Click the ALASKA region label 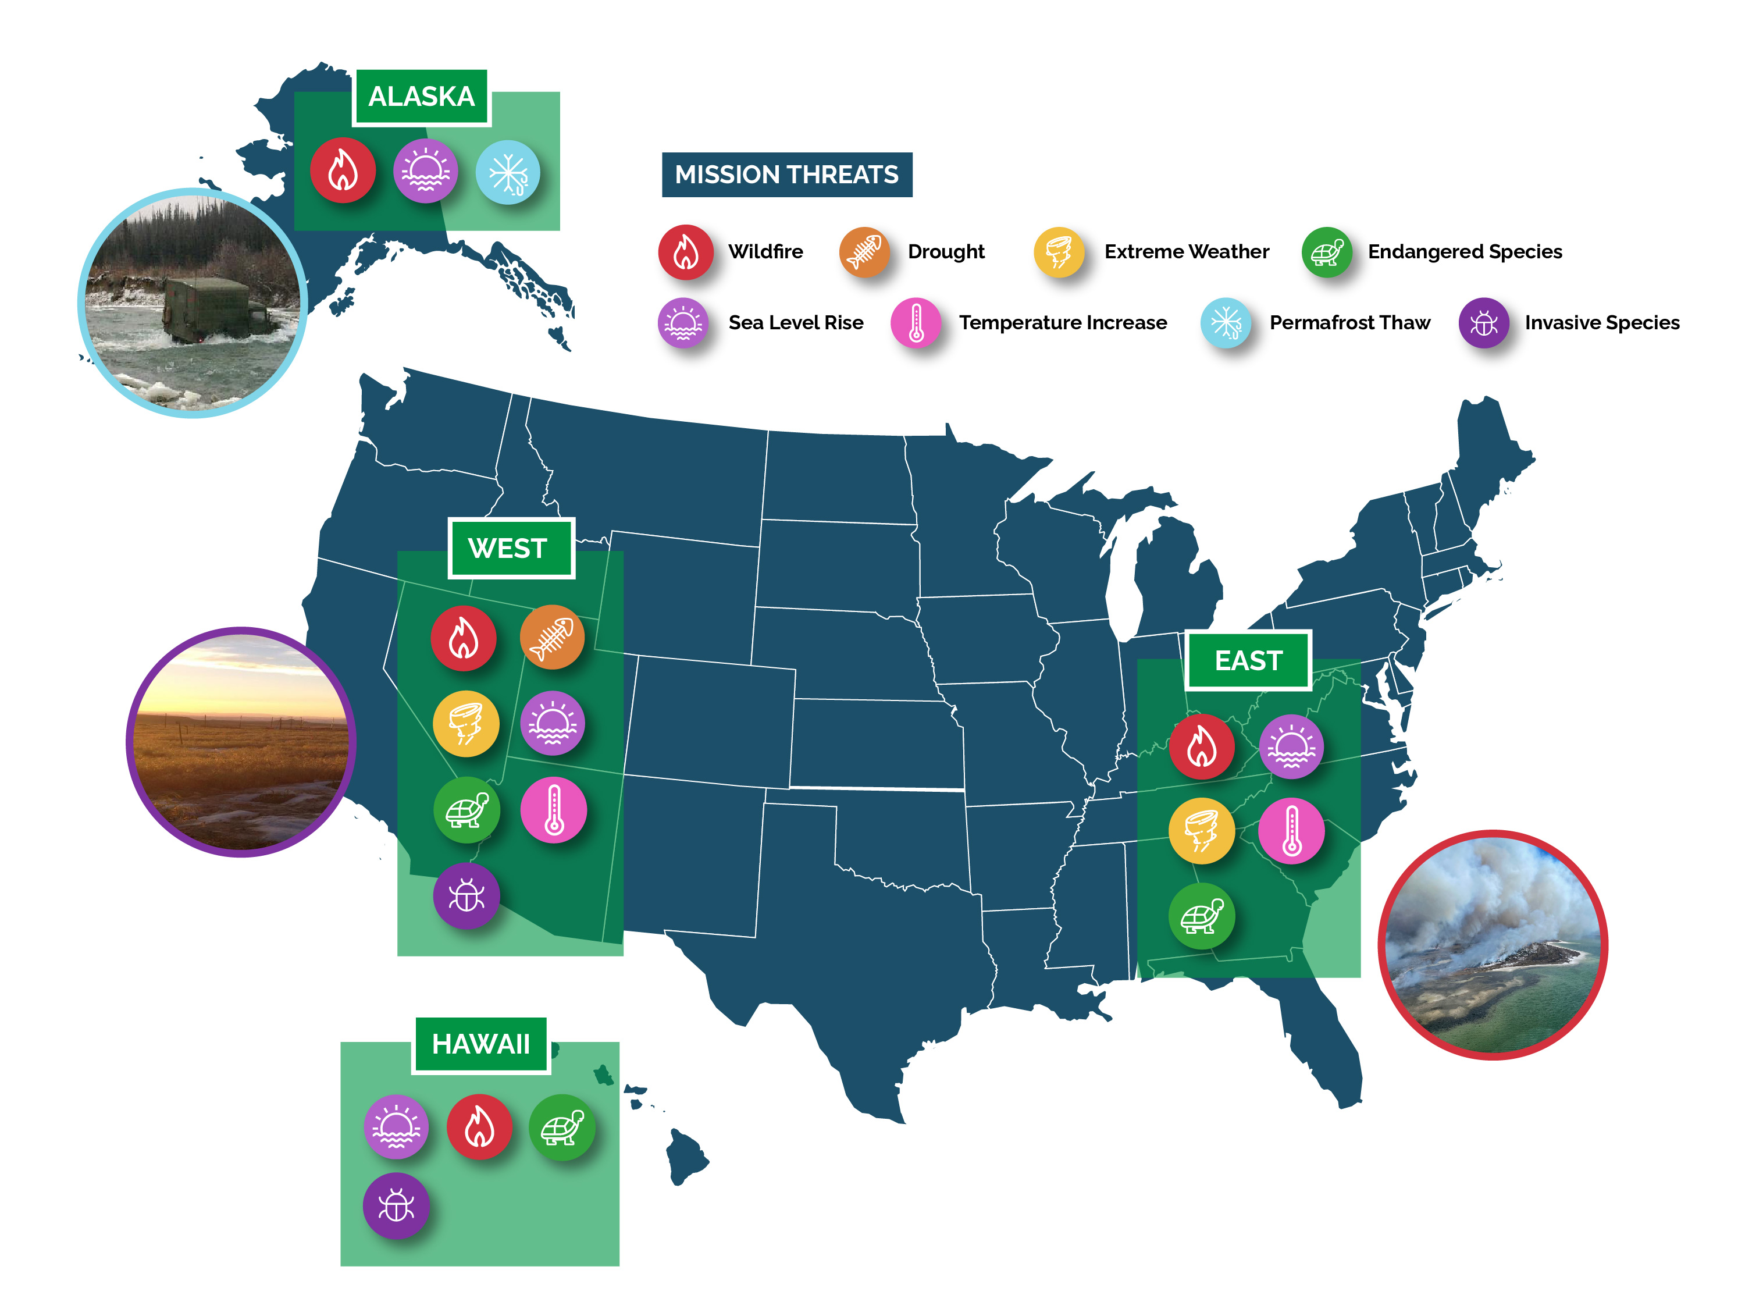tap(421, 97)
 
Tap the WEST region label tap(508, 547)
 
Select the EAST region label tap(1248, 660)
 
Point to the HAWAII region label tap(481, 1044)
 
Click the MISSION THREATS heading tap(786, 175)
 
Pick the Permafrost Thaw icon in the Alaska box tap(508, 172)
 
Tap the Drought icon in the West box tap(553, 636)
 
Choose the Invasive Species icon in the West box tap(466, 896)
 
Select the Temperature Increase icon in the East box tap(1291, 831)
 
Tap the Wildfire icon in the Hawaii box tap(479, 1127)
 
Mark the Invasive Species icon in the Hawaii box tap(396, 1205)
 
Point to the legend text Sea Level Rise tap(795, 322)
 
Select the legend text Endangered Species tap(1465, 251)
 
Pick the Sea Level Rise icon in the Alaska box tap(425, 171)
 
